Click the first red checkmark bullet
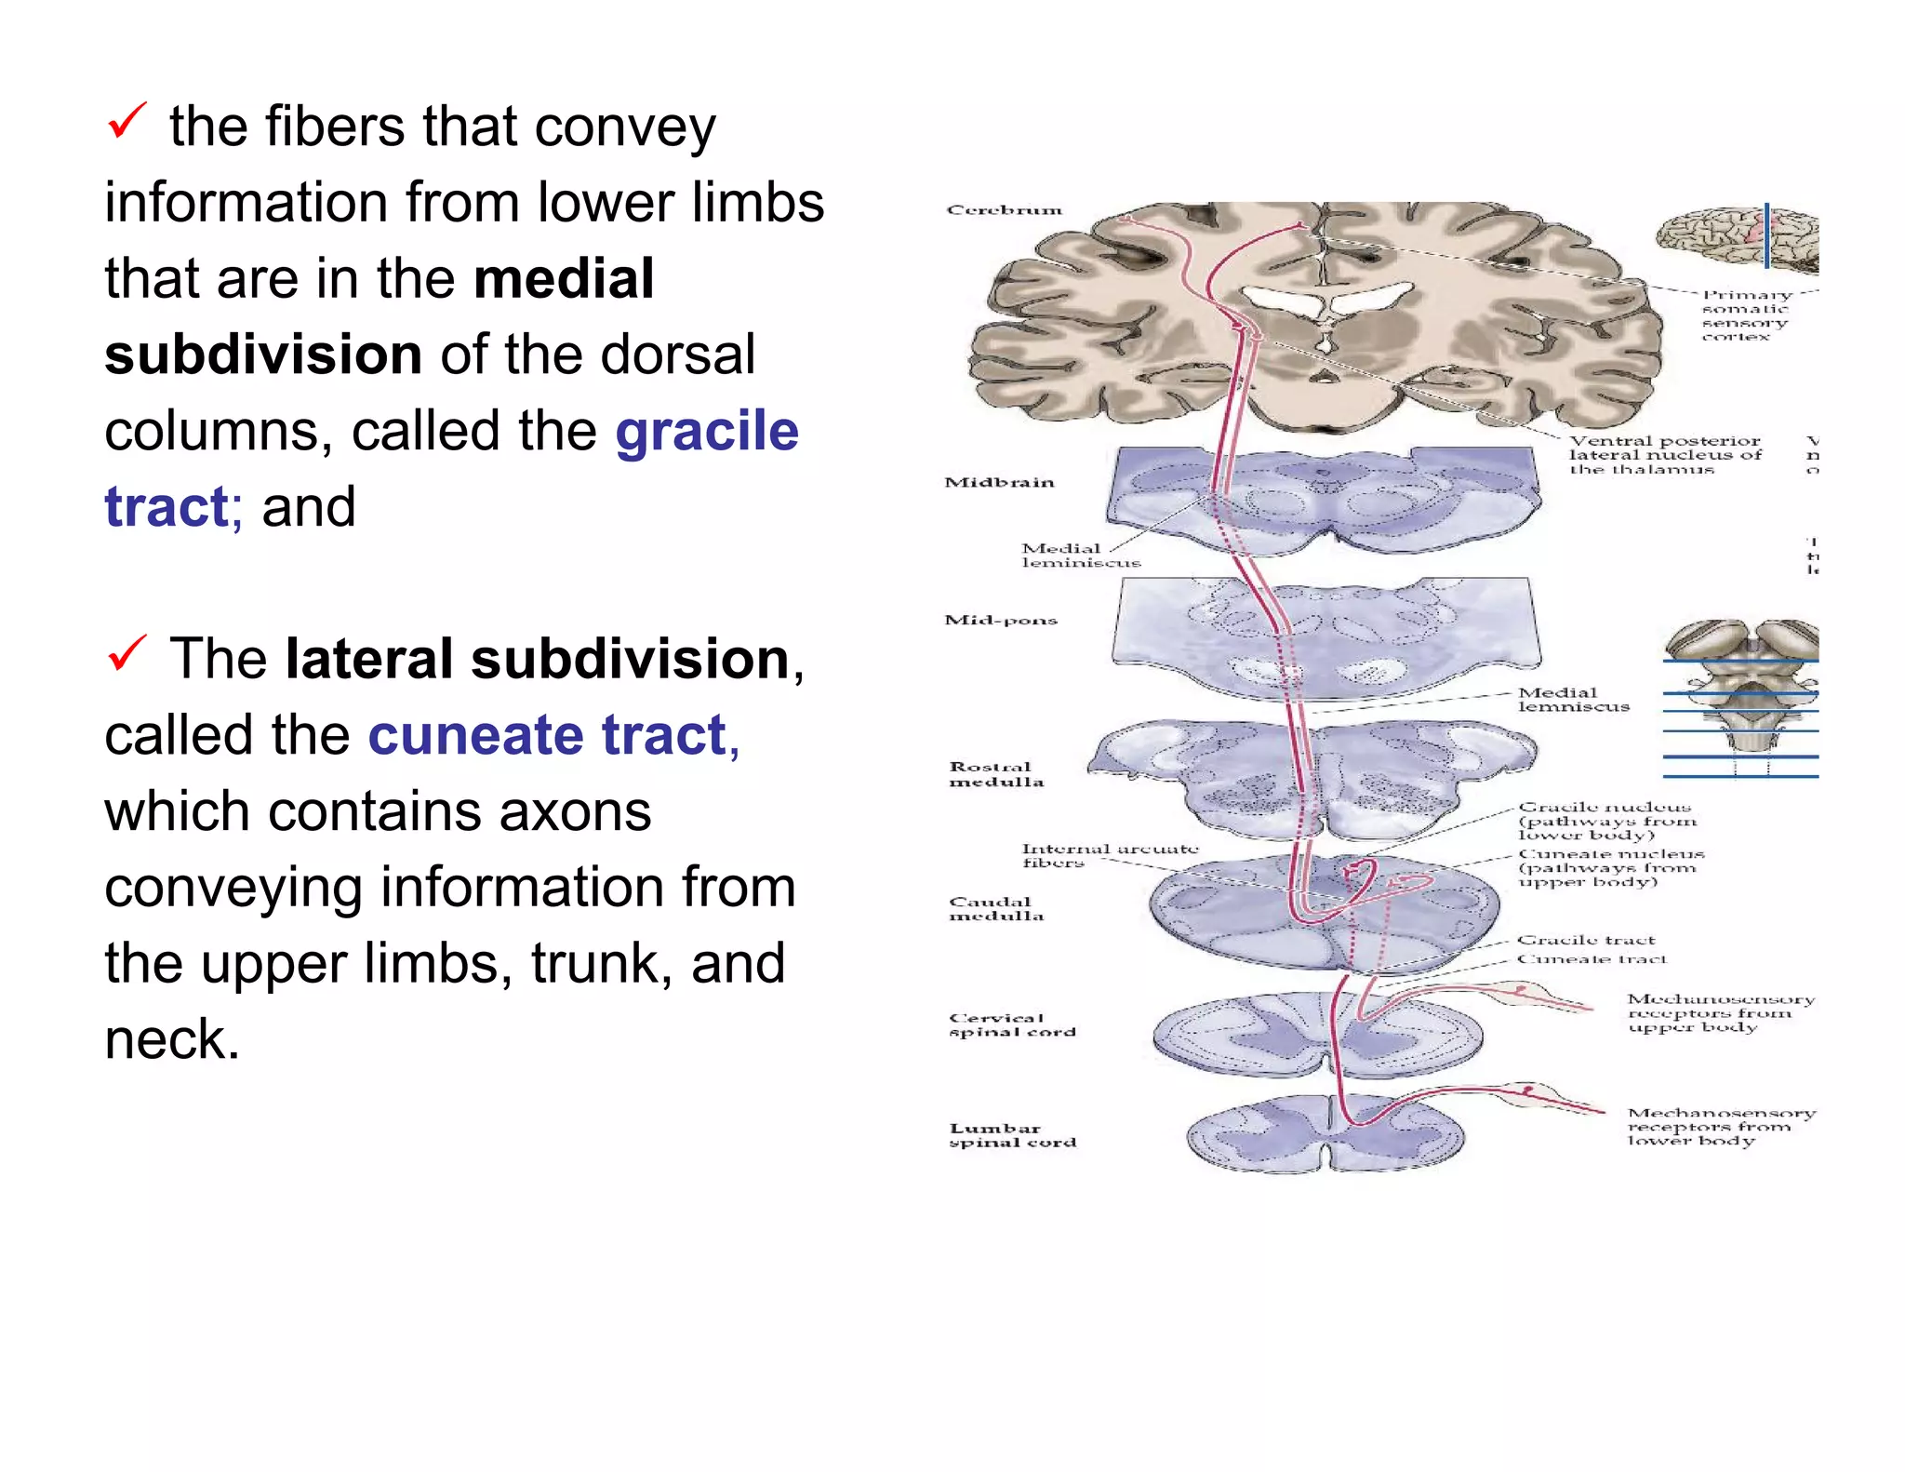127,121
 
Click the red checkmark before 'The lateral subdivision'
127,653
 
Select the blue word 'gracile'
707,431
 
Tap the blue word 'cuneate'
474,735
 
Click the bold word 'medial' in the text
564,278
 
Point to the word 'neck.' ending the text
172,1039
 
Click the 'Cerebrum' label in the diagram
1004,210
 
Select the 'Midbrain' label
999,482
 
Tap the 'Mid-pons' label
1001,620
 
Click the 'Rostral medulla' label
995,774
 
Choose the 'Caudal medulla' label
995,909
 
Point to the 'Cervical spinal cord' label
1011,1024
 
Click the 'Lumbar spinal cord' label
1011,1135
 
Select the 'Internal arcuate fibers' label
1109,855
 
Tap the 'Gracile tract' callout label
1586,940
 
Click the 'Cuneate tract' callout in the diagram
1592,959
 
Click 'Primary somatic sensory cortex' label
1745,315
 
